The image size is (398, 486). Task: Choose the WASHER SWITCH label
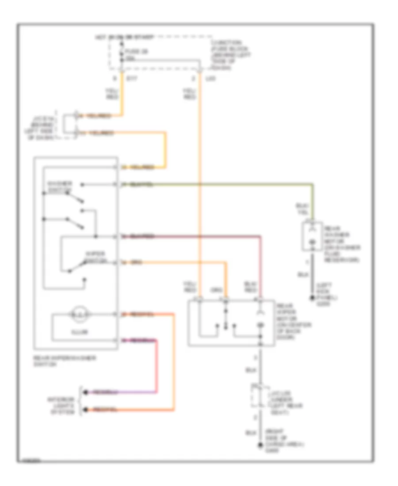pyautogui.click(x=58, y=187)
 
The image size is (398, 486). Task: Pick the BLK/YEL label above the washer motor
pyautogui.click(x=303, y=209)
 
